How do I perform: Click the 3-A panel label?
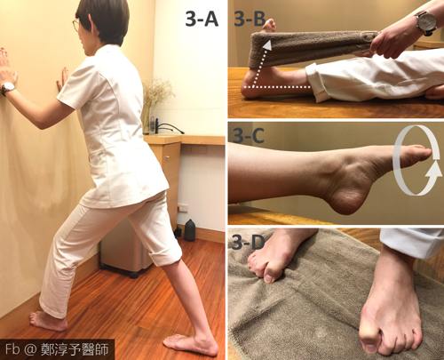pyautogui.click(x=202, y=20)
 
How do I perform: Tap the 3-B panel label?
pyautogui.click(x=250, y=20)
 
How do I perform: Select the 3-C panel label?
pyautogui.click(x=248, y=136)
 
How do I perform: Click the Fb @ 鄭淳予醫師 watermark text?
pyautogui.click(x=57, y=349)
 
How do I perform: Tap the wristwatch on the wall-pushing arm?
pyautogui.click(x=8, y=88)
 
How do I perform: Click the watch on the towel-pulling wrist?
pyautogui.click(x=425, y=24)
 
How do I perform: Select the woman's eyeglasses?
pyautogui.click(x=75, y=26)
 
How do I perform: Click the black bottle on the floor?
pyautogui.click(x=190, y=230)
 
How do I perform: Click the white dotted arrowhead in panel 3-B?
pyautogui.click(x=267, y=45)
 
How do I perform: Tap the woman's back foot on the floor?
pyautogui.click(x=190, y=344)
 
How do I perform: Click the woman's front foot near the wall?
pyautogui.click(x=48, y=321)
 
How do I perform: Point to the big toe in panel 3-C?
pyautogui.click(x=420, y=152)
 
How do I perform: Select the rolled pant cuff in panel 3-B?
pyautogui.click(x=314, y=83)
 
